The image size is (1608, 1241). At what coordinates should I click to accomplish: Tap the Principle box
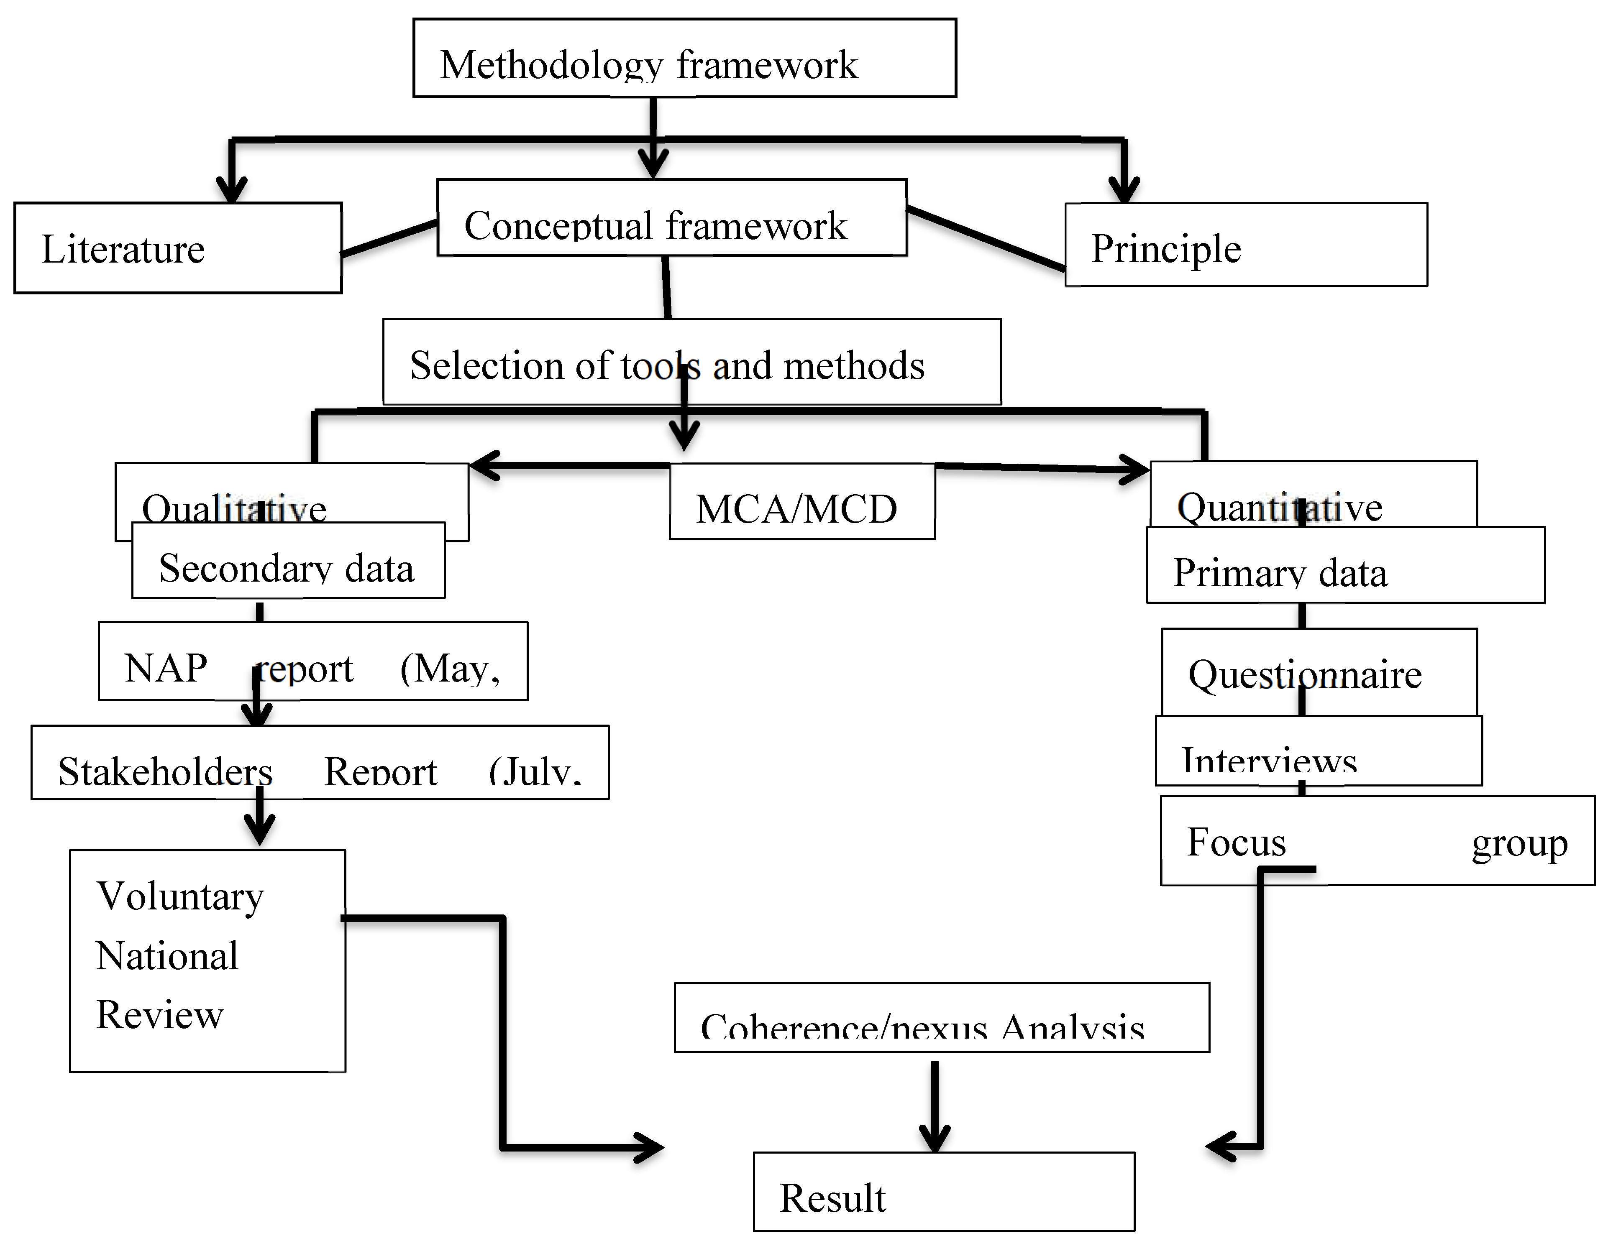point(1246,244)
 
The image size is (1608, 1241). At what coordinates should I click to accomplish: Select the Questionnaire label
point(1305,674)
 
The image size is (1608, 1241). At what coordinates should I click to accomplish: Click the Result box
point(943,1191)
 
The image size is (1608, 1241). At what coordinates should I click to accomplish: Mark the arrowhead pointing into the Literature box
point(231,192)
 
